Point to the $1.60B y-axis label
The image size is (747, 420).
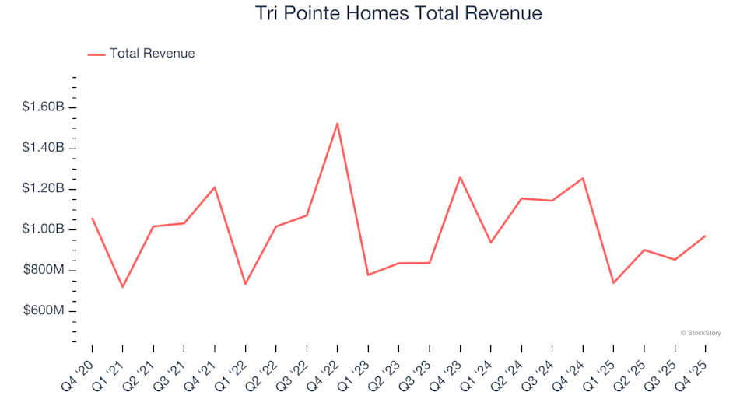43,107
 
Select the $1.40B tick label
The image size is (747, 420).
43,148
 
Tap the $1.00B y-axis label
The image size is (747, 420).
43,229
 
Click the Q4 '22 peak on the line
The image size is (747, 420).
337,123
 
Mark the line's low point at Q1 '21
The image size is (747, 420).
122,287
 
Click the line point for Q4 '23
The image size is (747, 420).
460,177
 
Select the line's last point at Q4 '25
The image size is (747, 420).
705,236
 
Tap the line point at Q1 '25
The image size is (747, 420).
613,283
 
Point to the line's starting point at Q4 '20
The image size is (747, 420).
92,218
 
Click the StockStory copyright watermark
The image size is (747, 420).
700,333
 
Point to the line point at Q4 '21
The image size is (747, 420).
214,187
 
